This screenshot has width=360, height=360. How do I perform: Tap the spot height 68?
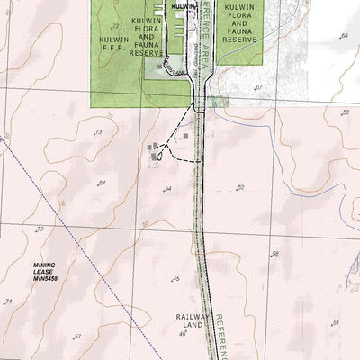coord(344,36)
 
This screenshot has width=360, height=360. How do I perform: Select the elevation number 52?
coord(240,187)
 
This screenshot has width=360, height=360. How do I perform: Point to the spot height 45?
coord(175,279)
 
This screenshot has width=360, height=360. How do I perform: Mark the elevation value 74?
coord(9,301)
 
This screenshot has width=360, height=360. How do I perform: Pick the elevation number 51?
coord(335,323)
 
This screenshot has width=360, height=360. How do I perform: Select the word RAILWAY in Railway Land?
coord(193,317)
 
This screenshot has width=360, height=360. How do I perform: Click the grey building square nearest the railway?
coord(186,137)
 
